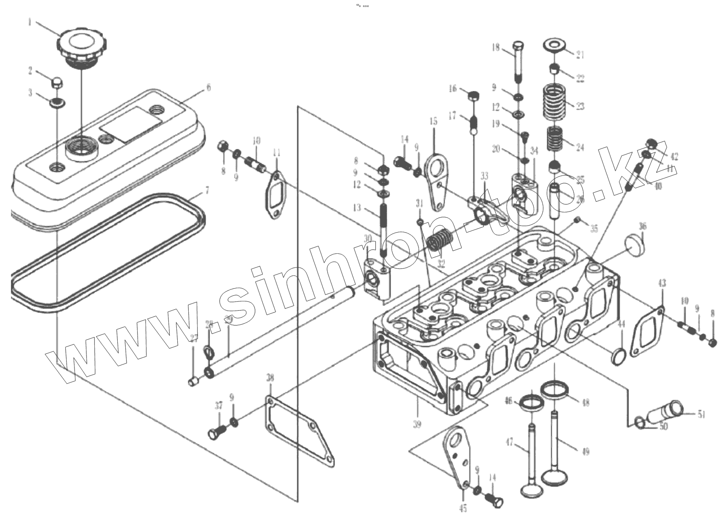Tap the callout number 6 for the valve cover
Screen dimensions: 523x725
pos(209,87)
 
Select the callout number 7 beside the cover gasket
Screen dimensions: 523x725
pos(207,191)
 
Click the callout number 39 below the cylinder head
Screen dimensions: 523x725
pos(417,424)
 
